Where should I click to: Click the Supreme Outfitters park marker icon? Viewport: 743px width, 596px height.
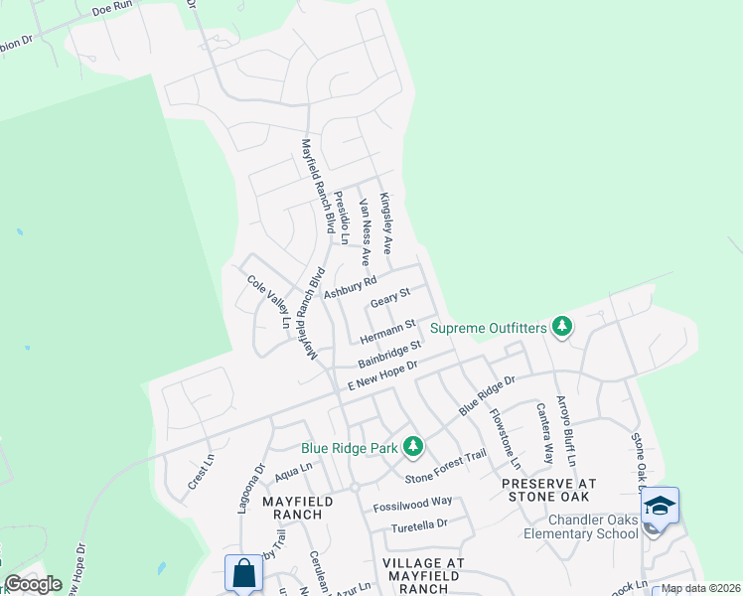[562, 327]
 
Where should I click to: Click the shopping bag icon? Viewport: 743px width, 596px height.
[243, 573]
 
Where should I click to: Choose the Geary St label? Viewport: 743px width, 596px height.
[389, 298]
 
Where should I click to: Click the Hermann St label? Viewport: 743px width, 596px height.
[386, 327]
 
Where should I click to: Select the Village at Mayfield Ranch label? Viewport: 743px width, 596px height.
[424, 575]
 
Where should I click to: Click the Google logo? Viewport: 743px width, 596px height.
[33, 584]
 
